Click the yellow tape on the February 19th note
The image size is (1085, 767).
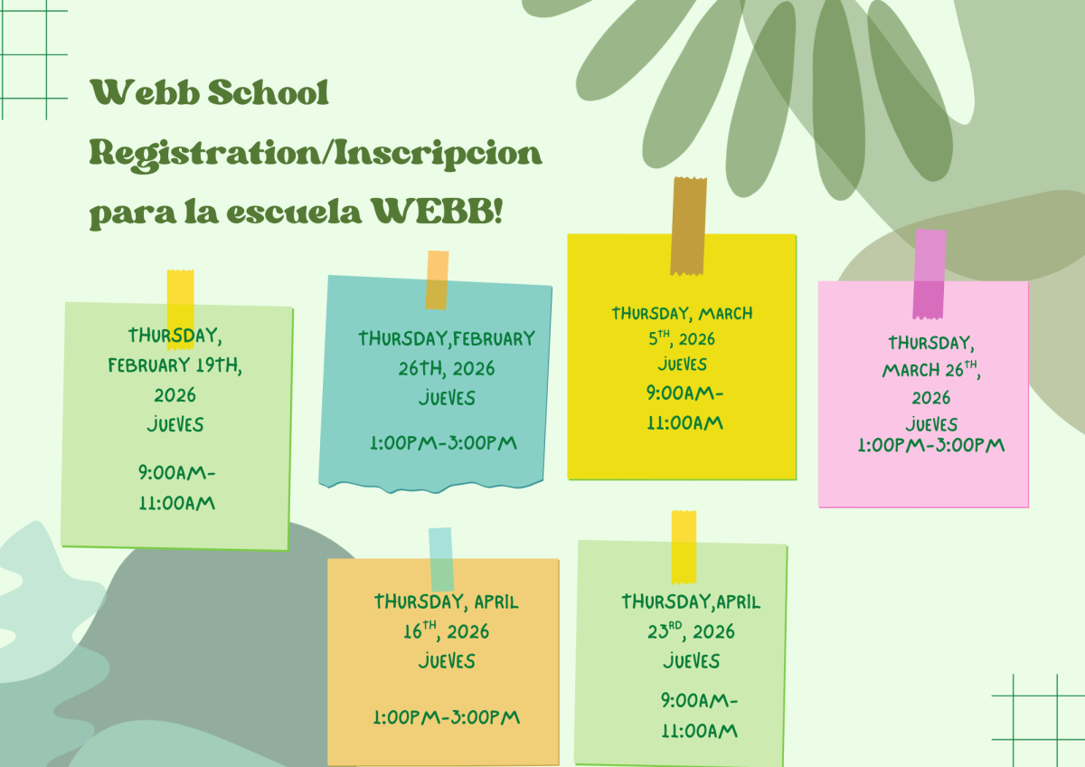pyautogui.click(x=180, y=308)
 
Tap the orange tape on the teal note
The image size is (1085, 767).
pyautogui.click(x=437, y=279)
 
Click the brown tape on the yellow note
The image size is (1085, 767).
pyautogui.click(x=688, y=225)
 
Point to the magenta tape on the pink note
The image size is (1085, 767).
pyautogui.click(x=929, y=273)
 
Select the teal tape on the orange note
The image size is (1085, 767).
pyautogui.click(x=440, y=558)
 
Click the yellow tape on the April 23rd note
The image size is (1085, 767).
pyautogui.click(x=684, y=546)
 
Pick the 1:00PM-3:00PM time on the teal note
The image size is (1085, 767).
pyautogui.click(x=443, y=443)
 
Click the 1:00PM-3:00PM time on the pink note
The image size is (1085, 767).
pyautogui.click(x=930, y=445)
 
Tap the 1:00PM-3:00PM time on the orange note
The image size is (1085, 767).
pyautogui.click(x=447, y=717)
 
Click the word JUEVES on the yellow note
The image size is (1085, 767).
pyautogui.click(x=683, y=365)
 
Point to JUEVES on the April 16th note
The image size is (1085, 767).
pyautogui.click(x=447, y=661)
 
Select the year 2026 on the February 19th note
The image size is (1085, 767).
pyautogui.click(x=175, y=395)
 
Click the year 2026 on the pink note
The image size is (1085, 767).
pyautogui.click(x=931, y=398)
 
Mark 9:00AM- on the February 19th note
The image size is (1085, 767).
pyautogui.click(x=177, y=472)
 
